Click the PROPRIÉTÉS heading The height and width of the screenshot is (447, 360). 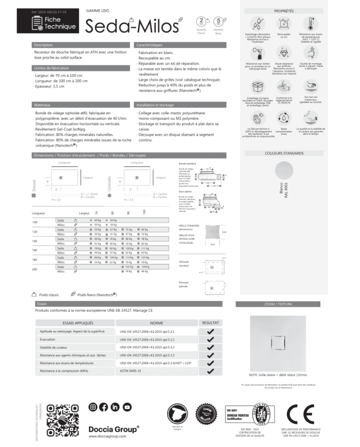click(284, 10)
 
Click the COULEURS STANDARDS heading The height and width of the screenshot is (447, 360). click(284, 153)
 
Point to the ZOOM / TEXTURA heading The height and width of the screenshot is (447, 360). click(284, 305)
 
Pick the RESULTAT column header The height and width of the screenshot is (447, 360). click(210, 323)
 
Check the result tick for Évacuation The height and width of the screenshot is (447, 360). click(210, 339)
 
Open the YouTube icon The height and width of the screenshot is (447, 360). click(128, 407)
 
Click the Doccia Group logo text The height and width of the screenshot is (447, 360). click(114, 428)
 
